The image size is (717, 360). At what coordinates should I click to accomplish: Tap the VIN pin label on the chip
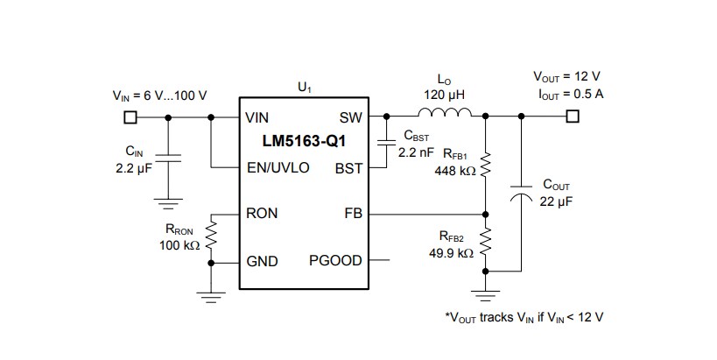pyautogui.click(x=257, y=116)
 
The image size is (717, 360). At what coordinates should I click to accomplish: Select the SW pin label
pyautogui.click(x=350, y=116)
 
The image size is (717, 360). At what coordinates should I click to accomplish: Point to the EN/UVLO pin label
pyautogui.click(x=278, y=167)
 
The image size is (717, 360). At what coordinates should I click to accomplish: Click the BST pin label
pyautogui.click(x=348, y=167)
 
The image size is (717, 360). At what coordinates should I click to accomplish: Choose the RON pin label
pyautogui.click(x=262, y=214)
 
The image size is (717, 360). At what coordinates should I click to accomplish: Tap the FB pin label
pyautogui.click(x=353, y=214)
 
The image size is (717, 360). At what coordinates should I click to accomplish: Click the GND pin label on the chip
pyautogui.click(x=262, y=261)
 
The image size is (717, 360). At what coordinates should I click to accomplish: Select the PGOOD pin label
pyautogui.click(x=335, y=261)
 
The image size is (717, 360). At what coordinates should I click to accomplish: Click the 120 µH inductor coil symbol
pyautogui.click(x=445, y=112)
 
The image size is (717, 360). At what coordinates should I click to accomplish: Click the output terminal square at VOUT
pyautogui.click(x=573, y=116)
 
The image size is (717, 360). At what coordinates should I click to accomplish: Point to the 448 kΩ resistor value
pyautogui.click(x=455, y=172)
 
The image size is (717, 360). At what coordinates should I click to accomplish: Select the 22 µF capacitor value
pyautogui.click(x=557, y=201)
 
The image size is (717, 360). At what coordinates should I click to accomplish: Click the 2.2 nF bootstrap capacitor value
pyautogui.click(x=416, y=152)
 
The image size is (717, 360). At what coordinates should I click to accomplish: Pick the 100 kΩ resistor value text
pyautogui.click(x=180, y=246)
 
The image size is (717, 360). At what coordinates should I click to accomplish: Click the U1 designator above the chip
pyautogui.click(x=305, y=88)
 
